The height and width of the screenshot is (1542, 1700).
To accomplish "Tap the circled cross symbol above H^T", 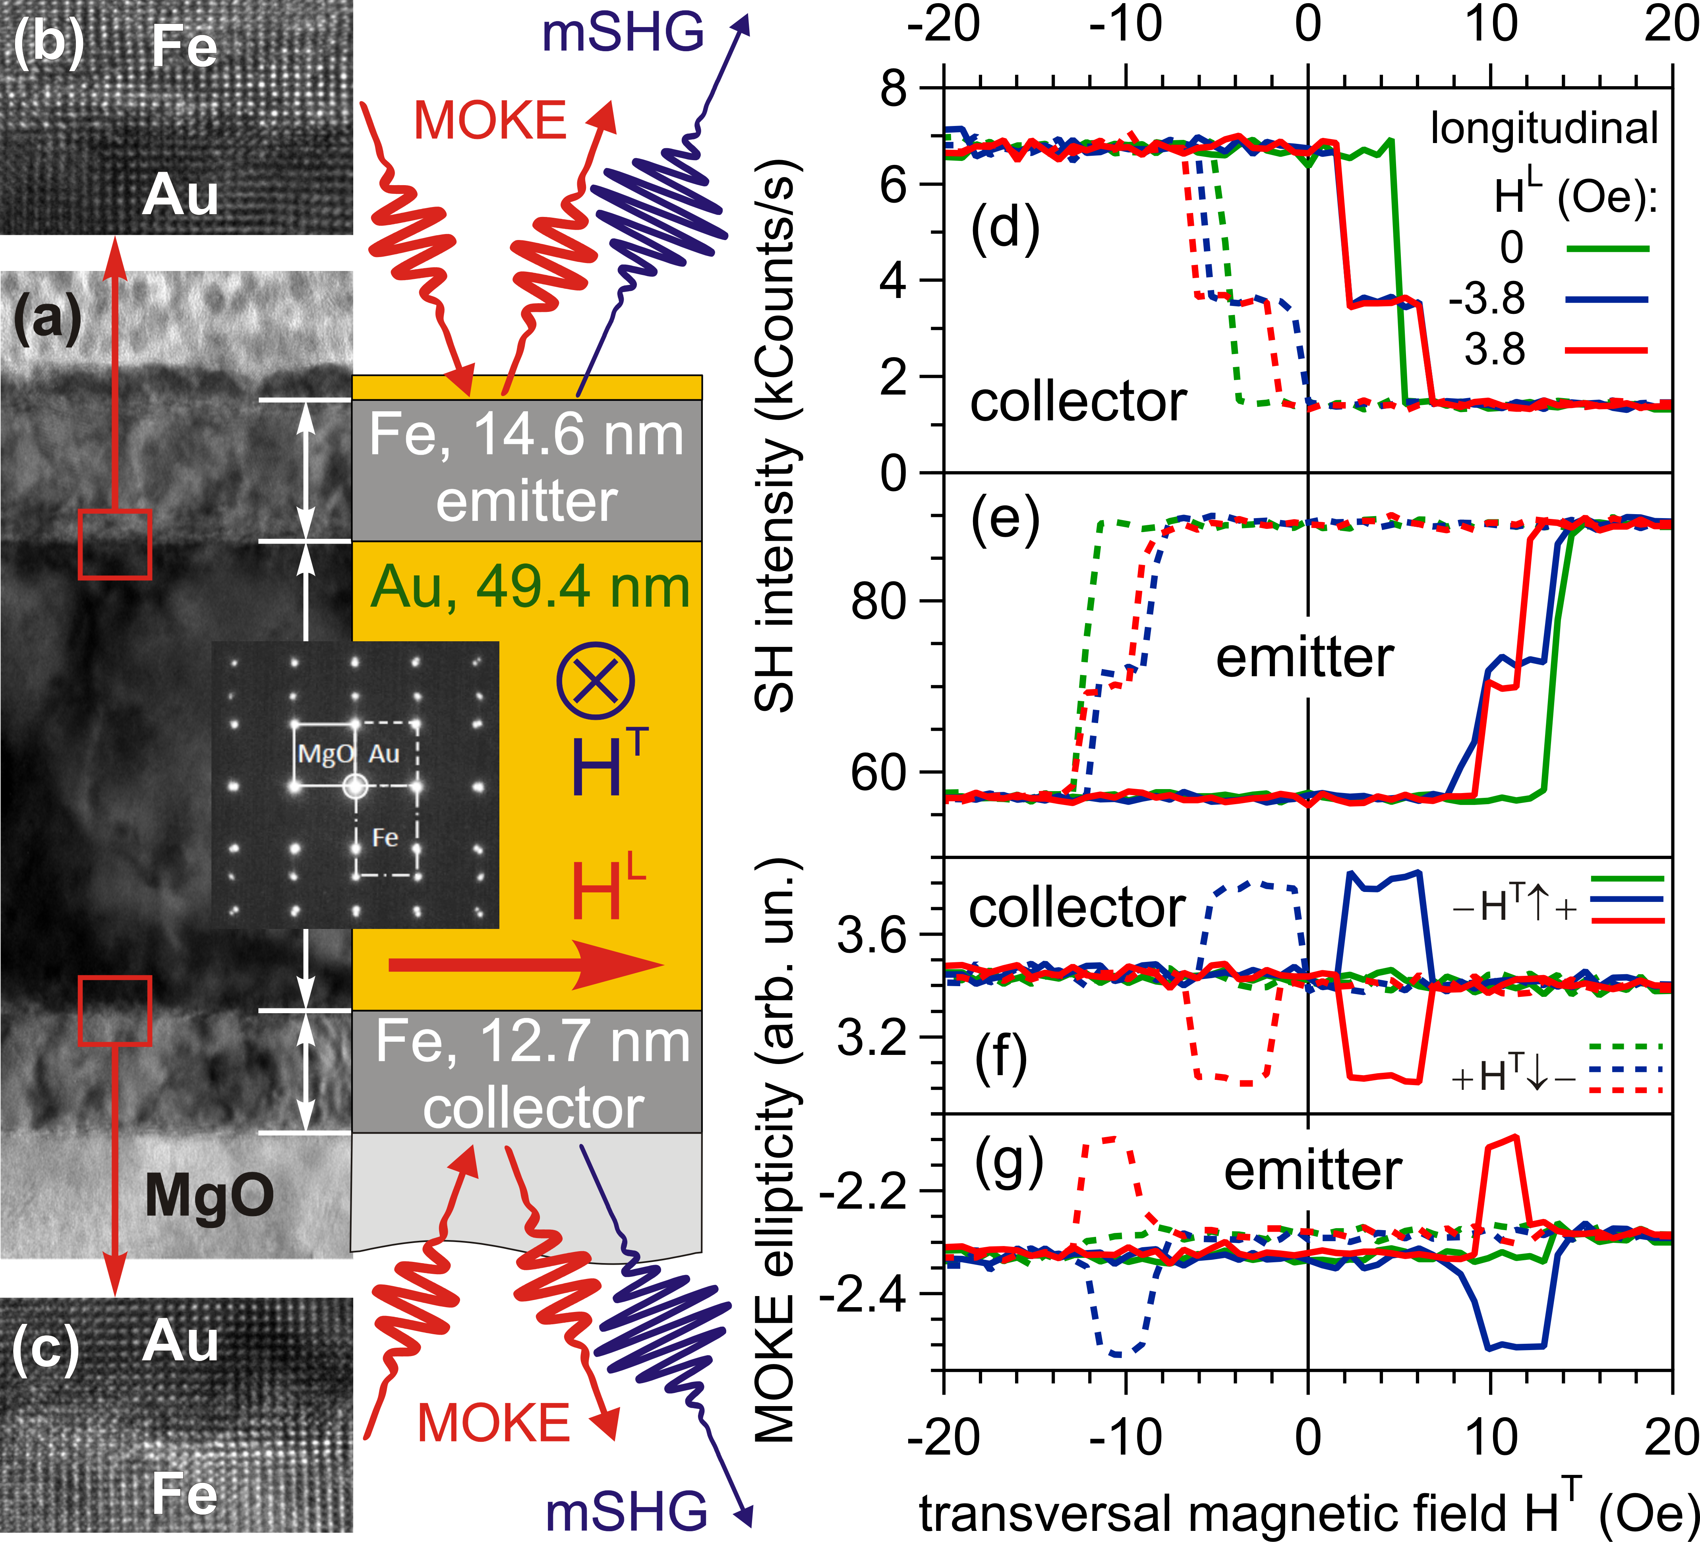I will (595, 681).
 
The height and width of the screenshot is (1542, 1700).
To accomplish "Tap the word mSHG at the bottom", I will (626, 1510).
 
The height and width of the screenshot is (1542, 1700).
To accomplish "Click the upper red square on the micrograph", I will (115, 544).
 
